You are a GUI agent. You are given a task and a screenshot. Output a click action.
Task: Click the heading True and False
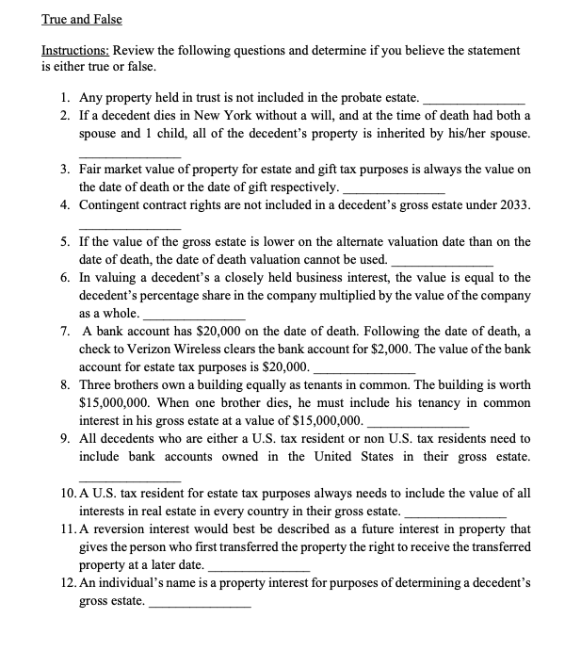point(82,19)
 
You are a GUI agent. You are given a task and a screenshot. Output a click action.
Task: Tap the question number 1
point(62,97)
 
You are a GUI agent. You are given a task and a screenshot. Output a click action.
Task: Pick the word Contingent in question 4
point(111,204)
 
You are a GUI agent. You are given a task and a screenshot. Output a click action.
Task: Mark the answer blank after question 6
point(194,315)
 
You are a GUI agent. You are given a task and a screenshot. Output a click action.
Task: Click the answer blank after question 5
point(442,261)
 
